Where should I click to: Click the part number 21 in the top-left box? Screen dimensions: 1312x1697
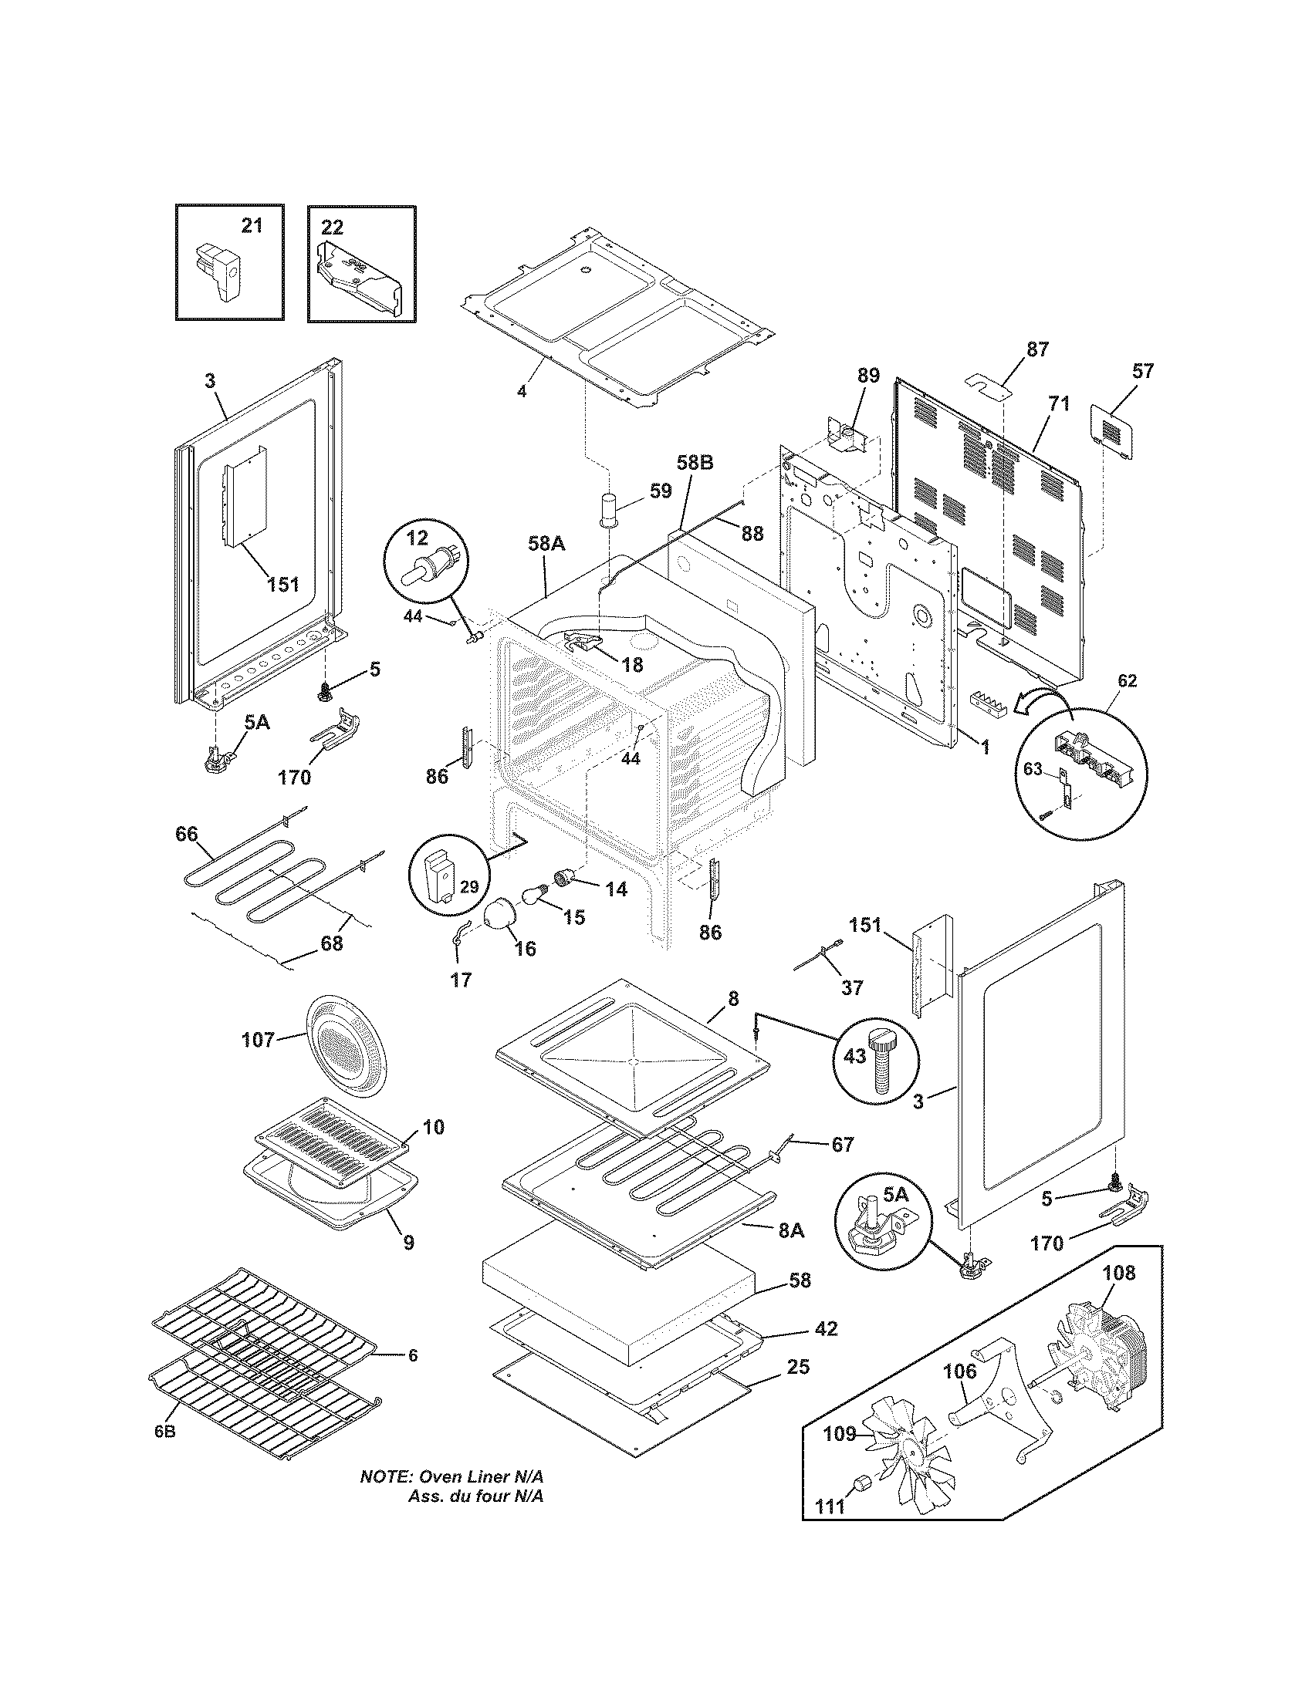[251, 225]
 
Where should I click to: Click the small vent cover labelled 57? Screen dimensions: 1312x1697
[1113, 426]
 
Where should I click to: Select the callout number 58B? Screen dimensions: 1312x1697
[694, 463]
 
